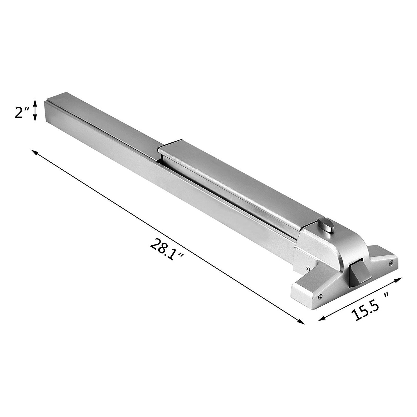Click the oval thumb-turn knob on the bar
324,224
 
